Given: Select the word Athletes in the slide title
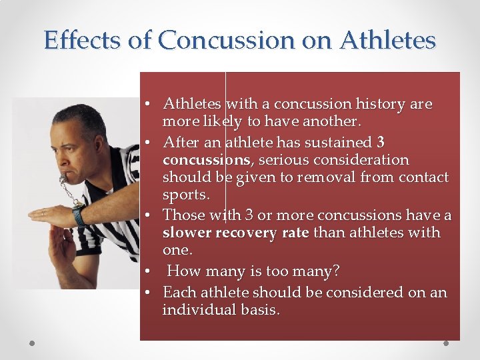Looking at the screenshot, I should [x=387, y=40].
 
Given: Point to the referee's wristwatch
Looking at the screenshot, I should [x=79, y=215].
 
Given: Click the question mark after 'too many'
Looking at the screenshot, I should [x=335, y=271].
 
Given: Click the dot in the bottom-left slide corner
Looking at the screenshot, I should [x=31, y=344].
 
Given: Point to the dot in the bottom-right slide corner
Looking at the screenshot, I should [x=445, y=344].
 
